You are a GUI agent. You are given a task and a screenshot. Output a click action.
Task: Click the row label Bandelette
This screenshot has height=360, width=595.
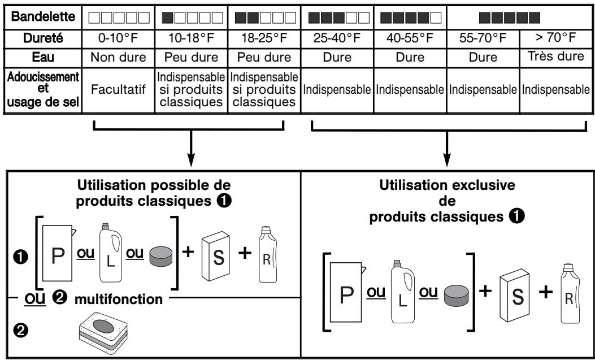(43, 17)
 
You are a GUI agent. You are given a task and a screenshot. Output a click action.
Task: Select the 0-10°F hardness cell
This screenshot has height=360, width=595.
(119, 38)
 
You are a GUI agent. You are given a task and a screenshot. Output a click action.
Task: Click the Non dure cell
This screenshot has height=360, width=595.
(119, 57)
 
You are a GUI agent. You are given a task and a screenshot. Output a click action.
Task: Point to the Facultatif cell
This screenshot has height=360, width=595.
(119, 90)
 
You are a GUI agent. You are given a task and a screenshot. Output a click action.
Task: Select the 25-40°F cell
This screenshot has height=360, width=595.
(337, 38)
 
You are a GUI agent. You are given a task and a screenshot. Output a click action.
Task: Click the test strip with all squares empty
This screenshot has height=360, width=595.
(119, 18)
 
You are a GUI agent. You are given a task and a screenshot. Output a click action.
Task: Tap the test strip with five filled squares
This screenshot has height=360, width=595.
(509, 18)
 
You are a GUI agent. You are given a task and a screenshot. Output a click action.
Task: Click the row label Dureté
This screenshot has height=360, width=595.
(43, 38)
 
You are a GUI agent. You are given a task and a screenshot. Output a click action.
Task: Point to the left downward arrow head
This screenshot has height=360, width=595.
(191, 161)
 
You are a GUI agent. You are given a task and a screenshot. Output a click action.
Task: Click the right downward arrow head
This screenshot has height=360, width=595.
(447, 161)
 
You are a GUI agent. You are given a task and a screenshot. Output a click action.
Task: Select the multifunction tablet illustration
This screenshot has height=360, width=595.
(103, 333)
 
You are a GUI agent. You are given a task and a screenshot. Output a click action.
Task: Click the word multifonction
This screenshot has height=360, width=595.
(119, 300)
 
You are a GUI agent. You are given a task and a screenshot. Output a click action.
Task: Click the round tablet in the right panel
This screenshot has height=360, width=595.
(457, 296)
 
